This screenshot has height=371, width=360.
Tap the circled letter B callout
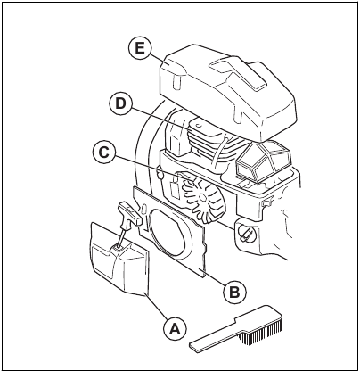coord(233,291)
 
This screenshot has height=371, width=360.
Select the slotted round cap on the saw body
coord(245,235)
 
